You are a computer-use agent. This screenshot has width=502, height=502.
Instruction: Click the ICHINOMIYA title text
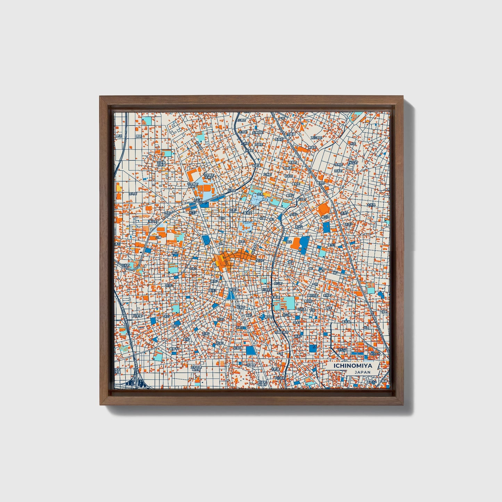[353, 366]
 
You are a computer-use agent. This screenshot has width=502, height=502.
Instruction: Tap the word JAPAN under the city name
[362, 372]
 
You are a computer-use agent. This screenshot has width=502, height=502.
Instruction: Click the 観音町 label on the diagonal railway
[320, 182]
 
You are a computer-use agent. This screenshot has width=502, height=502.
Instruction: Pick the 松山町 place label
[353, 162]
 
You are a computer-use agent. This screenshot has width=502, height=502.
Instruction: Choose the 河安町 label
[138, 316]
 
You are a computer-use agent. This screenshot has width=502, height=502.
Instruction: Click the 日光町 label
[125, 265]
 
